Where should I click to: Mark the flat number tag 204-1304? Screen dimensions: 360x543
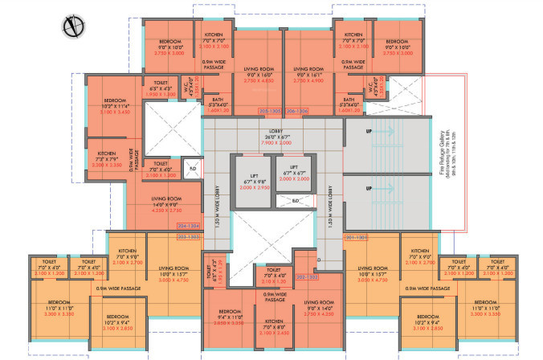pos(189,227)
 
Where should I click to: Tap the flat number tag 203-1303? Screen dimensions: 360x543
pos(189,238)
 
